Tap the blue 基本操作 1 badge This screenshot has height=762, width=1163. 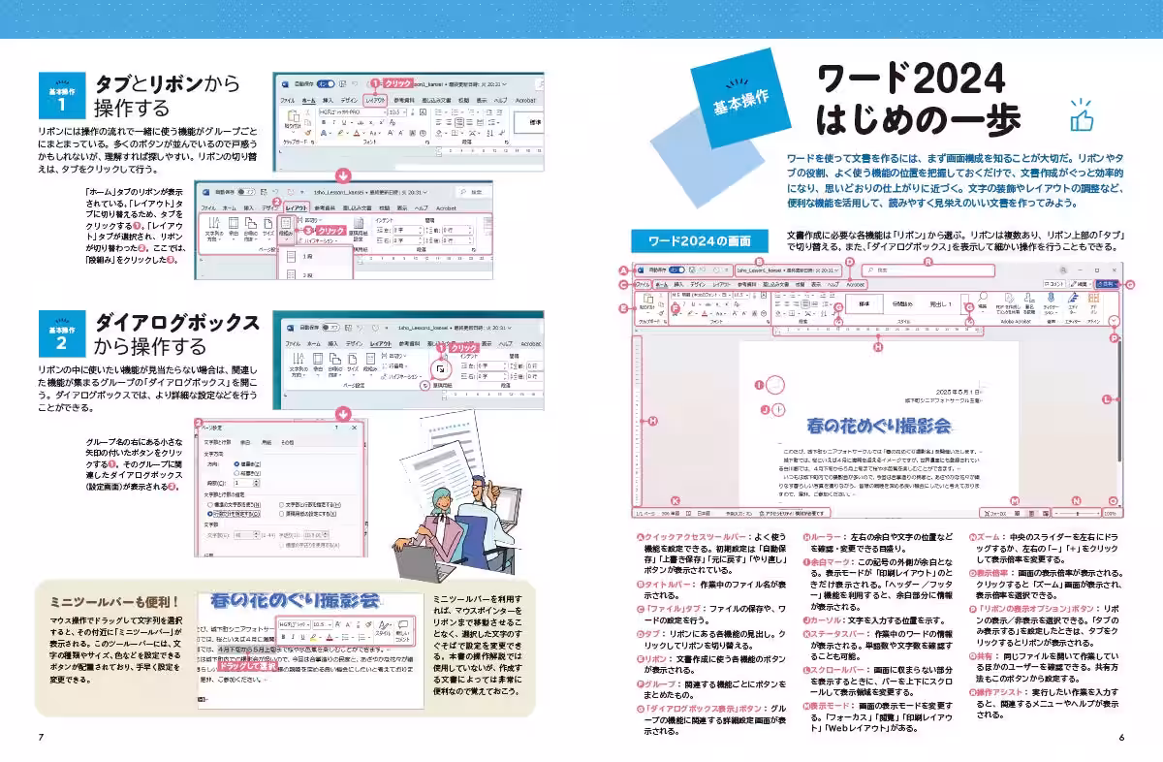(61, 95)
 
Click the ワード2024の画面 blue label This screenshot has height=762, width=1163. (691, 240)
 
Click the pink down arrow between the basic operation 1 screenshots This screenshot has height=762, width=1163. (341, 175)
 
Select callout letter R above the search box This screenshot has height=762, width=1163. (927, 261)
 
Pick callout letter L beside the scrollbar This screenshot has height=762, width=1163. (1106, 398)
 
